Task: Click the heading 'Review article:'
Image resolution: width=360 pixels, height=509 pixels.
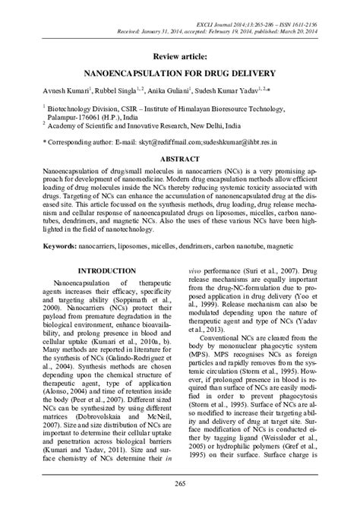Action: [180, 56]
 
